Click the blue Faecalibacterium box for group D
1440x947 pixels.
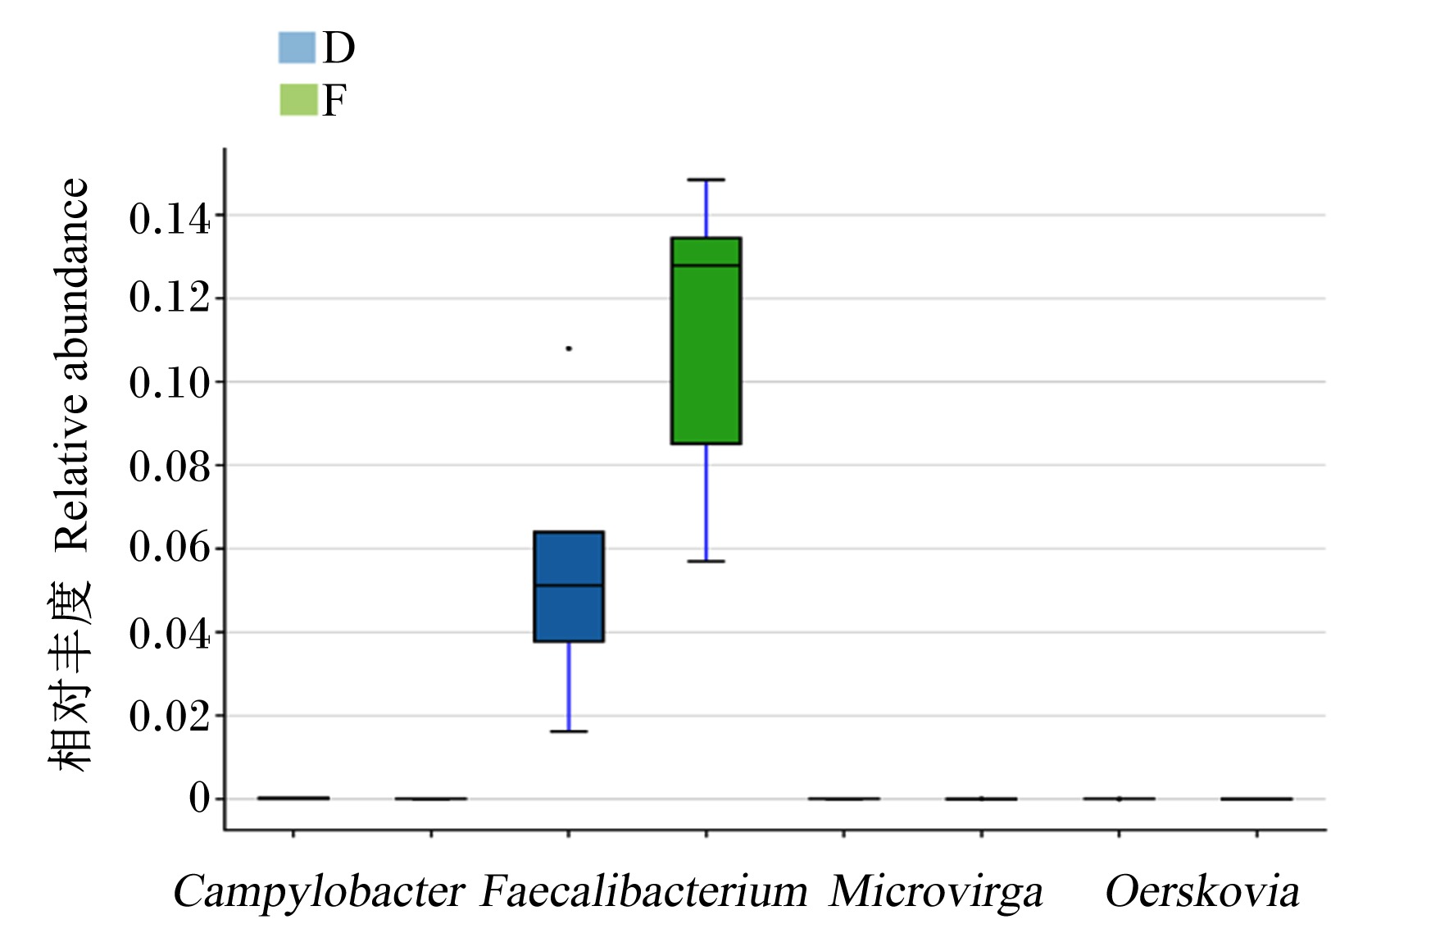(569, 586)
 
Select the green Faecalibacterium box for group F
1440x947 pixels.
(706, 340)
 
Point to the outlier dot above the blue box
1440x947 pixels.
(569, 348)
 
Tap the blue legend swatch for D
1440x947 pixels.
(297, 48)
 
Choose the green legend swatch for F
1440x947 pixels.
(298, 99)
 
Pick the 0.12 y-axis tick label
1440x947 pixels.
(170, 298)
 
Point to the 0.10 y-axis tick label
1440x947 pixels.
(170, 382)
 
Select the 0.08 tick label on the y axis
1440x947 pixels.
(170, 466)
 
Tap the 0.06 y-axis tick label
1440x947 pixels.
(170, 548)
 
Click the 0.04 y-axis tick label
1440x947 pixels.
(170, 633)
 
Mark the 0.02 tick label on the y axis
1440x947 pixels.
(170, 716)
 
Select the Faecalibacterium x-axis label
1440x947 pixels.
(644, 891)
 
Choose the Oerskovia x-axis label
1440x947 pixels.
(1202, 891)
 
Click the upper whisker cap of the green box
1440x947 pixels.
(706, 180)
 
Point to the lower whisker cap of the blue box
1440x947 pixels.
(569, 731)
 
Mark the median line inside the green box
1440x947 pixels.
(706, 266)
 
